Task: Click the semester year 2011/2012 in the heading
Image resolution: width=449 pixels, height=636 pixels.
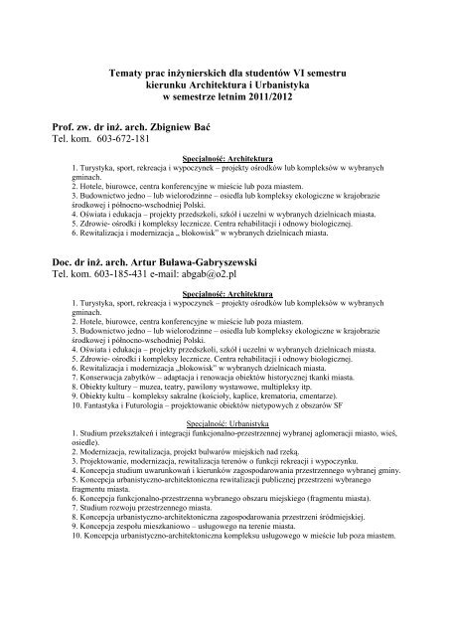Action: coord(287,103)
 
